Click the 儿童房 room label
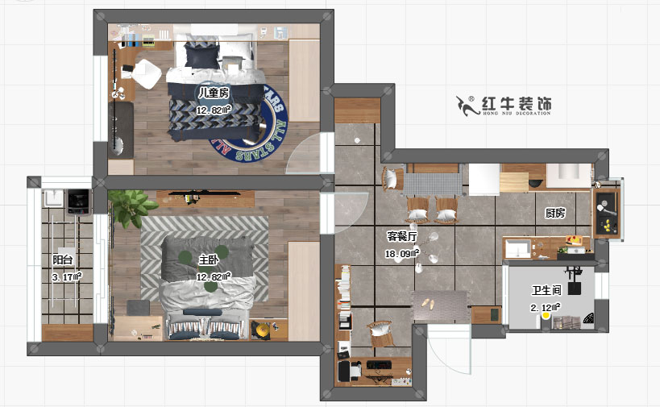[x=214, y=93]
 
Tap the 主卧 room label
[x=208, y=260]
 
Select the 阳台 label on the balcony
[x=63, y=260]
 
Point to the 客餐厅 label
[x=401, y=237]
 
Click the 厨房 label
[x=554, y=214]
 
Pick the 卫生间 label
[x=546, y=290]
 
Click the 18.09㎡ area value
[x=401, y=254]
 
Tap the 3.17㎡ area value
[x=67, y=276]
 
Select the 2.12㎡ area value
[x=546, y=307]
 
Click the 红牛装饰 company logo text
[x=516, y=104]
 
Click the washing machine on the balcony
[x=77, y=198]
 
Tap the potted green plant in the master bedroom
[x=131, y=208]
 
